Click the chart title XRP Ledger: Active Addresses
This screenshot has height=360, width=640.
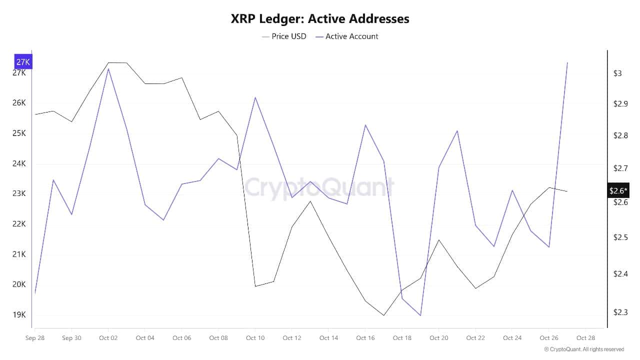[320, 19]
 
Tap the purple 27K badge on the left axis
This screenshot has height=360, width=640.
[23, 62]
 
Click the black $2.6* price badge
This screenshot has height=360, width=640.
[618, 190]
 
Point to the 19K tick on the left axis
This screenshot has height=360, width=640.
[20, 314]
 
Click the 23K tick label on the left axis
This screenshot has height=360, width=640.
[20, 193]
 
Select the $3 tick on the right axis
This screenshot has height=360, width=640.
[617, 73]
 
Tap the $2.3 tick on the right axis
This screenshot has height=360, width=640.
[620, 312]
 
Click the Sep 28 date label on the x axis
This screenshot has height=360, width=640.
[34, 338]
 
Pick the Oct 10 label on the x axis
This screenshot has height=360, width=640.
[255, 338]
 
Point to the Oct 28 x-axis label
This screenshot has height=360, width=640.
[585, 338]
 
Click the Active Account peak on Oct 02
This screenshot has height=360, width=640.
[108, 68]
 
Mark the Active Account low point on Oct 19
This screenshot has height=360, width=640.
[420, 315]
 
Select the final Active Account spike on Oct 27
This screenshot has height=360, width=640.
[567, 62]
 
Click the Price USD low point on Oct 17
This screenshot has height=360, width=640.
[383, 315]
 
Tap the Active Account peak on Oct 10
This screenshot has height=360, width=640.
[255, 97]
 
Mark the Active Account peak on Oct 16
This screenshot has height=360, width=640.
[365, 125]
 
